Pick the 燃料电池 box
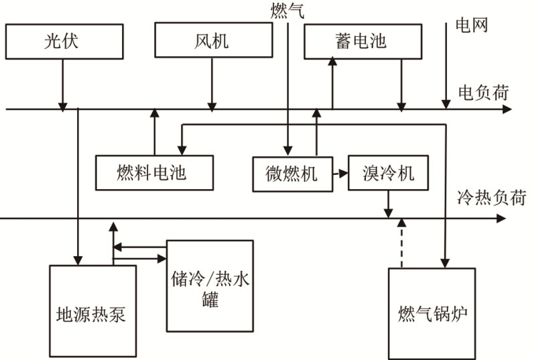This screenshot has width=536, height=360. pos(154,173)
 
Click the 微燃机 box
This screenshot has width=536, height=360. pos(292,173)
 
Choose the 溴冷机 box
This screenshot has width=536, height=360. pos(389,173)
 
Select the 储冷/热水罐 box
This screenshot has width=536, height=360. pos(210,286)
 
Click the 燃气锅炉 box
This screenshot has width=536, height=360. pos(432,314)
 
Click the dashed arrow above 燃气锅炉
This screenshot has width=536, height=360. pos(402,243)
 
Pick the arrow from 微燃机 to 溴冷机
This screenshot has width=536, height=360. pos(341,173)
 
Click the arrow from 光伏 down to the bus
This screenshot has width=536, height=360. pos(63,83)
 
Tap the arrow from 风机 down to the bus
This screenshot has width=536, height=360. pos(212,83)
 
